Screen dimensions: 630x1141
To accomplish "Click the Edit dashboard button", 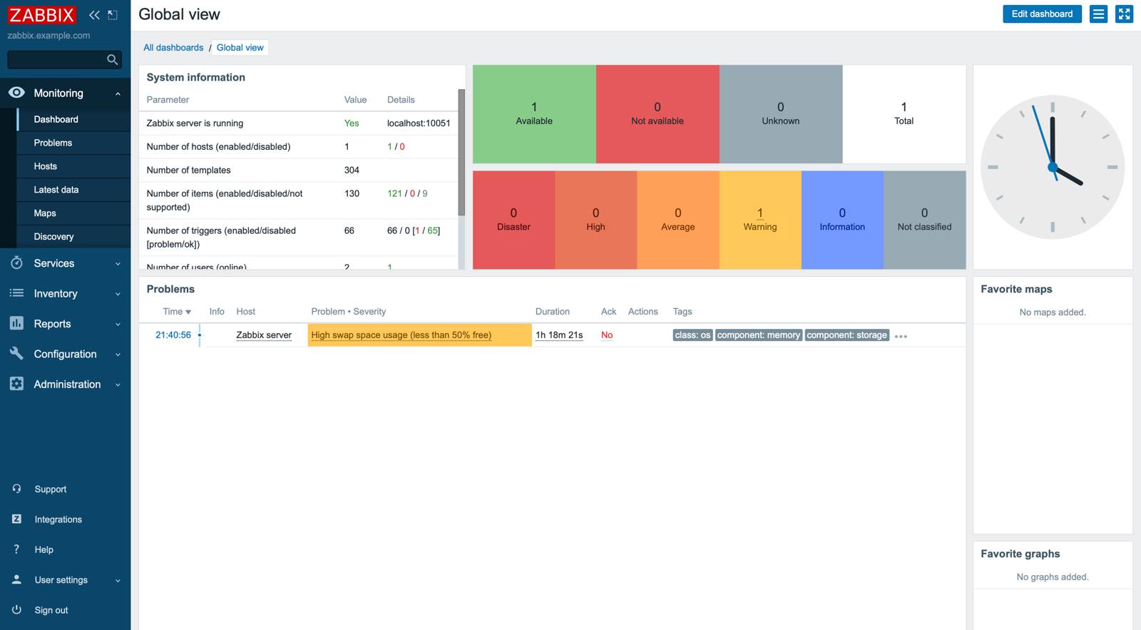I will [1041, 14].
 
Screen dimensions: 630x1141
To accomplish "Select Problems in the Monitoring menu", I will [53, 143].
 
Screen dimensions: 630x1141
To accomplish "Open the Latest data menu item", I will [56, 190].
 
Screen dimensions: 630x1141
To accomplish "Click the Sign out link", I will [51, 610].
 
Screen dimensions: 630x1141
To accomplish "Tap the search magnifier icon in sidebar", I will [112, 60].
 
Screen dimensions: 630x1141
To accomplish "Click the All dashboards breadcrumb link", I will [173, 48].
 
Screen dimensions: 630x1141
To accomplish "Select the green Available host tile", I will [534, 114].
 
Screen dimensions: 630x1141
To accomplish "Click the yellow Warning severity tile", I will [760, 220].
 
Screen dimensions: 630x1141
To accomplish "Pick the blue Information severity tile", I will [842, 220].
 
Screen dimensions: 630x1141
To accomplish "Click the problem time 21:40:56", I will [173, 335].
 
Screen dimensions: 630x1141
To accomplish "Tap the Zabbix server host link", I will [264, 335].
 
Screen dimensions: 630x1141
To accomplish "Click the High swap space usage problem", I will [401, 335].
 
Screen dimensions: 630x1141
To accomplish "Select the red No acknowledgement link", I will [607, 335].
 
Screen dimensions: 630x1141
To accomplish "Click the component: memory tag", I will [758, 335].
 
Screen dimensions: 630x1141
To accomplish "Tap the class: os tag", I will [692, 335].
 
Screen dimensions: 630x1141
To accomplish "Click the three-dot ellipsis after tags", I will [901, 336].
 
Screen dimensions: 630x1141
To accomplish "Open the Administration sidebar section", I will [67, 385].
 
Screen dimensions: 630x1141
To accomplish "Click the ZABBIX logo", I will [42, 15].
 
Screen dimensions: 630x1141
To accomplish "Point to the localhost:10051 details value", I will [419, 123].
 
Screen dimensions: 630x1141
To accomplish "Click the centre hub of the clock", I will [1053, 168].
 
